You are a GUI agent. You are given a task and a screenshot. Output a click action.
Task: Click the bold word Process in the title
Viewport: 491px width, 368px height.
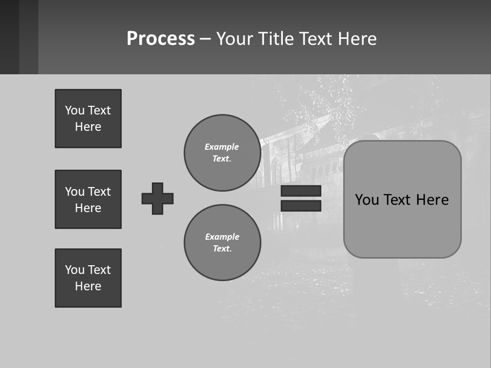(161, 39)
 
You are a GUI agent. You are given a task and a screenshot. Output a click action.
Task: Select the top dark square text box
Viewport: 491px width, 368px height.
(88, 119)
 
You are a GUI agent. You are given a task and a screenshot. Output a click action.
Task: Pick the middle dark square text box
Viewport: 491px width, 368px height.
(88, 199)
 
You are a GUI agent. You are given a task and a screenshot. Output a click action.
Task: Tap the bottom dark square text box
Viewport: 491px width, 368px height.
(88, 278)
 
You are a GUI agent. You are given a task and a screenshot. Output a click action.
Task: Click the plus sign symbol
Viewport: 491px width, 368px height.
(158, 198)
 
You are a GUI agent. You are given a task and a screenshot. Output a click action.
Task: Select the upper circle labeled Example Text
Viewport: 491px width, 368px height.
(222, 153)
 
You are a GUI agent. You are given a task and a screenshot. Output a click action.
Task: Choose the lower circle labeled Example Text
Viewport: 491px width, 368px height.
(222, 243)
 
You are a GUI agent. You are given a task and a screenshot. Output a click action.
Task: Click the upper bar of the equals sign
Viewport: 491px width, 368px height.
(301, 191)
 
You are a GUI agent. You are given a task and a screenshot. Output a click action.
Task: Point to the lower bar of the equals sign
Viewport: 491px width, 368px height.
(301, 205)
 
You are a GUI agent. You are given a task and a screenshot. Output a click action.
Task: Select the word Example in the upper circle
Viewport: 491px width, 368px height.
(221, 147)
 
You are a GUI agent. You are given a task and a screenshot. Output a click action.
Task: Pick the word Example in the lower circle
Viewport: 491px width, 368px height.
(222, 237)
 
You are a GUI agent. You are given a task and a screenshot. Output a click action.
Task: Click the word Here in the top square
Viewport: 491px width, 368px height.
(88, 127)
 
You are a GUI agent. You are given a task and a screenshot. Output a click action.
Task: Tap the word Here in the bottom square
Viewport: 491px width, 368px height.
(88, 286)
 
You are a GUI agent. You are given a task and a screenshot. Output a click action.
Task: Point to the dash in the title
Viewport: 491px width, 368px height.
(205, 39)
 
